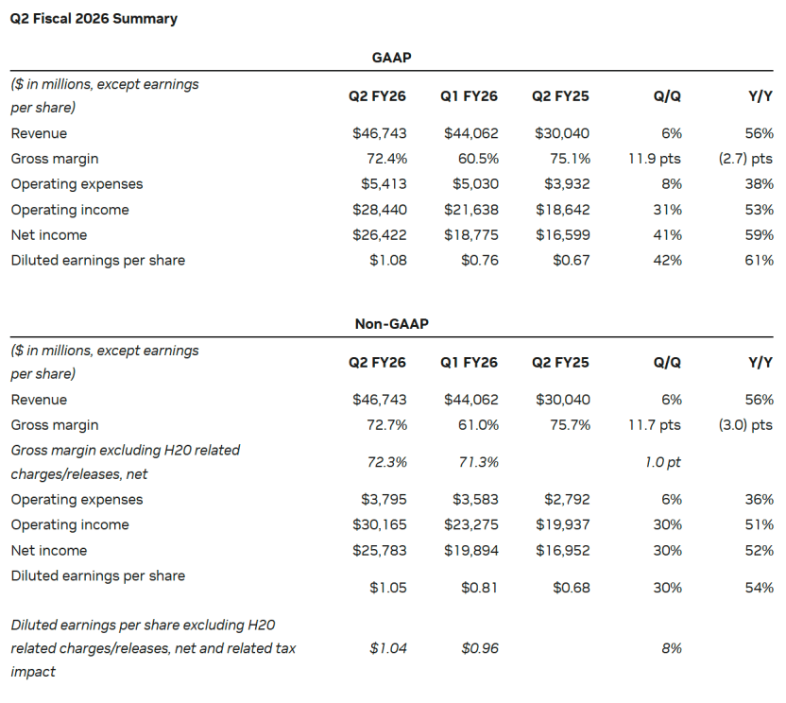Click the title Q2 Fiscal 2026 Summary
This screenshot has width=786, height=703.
94,19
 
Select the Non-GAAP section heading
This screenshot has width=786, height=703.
391,324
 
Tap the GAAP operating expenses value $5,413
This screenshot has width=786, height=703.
384,184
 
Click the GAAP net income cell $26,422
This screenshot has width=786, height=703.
380,234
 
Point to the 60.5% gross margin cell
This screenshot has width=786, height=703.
478,159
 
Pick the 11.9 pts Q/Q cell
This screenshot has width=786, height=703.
655,159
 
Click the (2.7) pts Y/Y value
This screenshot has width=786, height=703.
745,159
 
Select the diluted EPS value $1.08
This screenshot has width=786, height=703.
388,260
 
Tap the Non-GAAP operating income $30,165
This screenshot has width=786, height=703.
380,524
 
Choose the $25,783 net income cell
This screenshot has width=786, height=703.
380,551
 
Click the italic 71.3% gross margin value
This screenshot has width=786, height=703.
478,462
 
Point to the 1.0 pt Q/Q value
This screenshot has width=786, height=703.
662,462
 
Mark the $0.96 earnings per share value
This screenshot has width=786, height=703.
480,648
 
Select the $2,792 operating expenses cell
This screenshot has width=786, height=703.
567,500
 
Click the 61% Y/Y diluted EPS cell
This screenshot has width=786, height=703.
759,260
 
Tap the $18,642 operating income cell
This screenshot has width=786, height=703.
562,210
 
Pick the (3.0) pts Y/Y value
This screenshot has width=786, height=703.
745,424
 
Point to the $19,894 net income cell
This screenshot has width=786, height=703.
471,551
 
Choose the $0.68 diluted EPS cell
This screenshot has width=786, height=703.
572,588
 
